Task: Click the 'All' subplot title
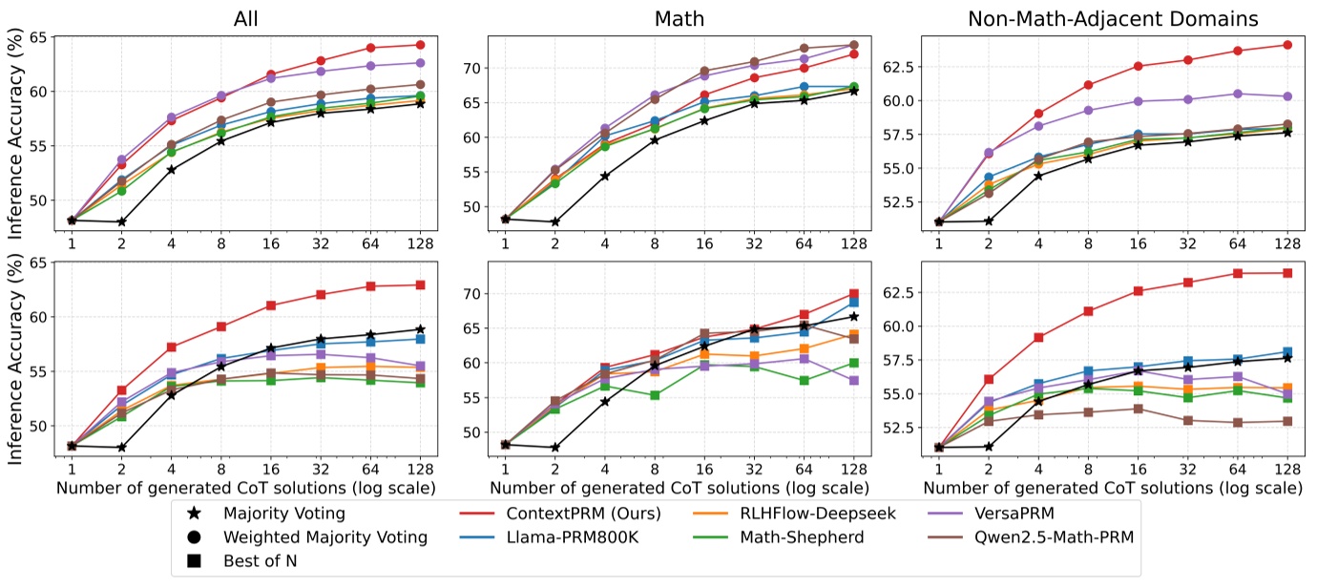(245, 18)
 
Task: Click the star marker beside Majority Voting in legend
(194, 513)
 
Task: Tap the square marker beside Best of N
(194, 560)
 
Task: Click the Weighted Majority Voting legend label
(324, 536)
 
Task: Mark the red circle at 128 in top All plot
(419, 45)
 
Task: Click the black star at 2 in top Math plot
(555, 221)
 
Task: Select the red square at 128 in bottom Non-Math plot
(1286, 273)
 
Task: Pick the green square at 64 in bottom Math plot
(805, 380)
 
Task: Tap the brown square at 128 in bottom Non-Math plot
(1286, 421)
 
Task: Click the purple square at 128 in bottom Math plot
(854, 380)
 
